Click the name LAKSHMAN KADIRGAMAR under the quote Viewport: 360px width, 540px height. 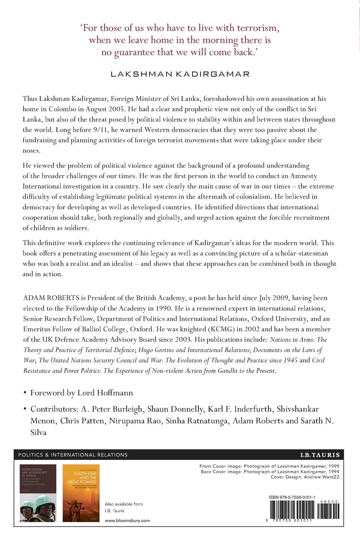[x=180, y=73]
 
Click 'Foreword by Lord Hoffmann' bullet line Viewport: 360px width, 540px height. [x=81, y=393]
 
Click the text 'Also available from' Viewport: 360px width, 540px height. [x=123, y=504]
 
